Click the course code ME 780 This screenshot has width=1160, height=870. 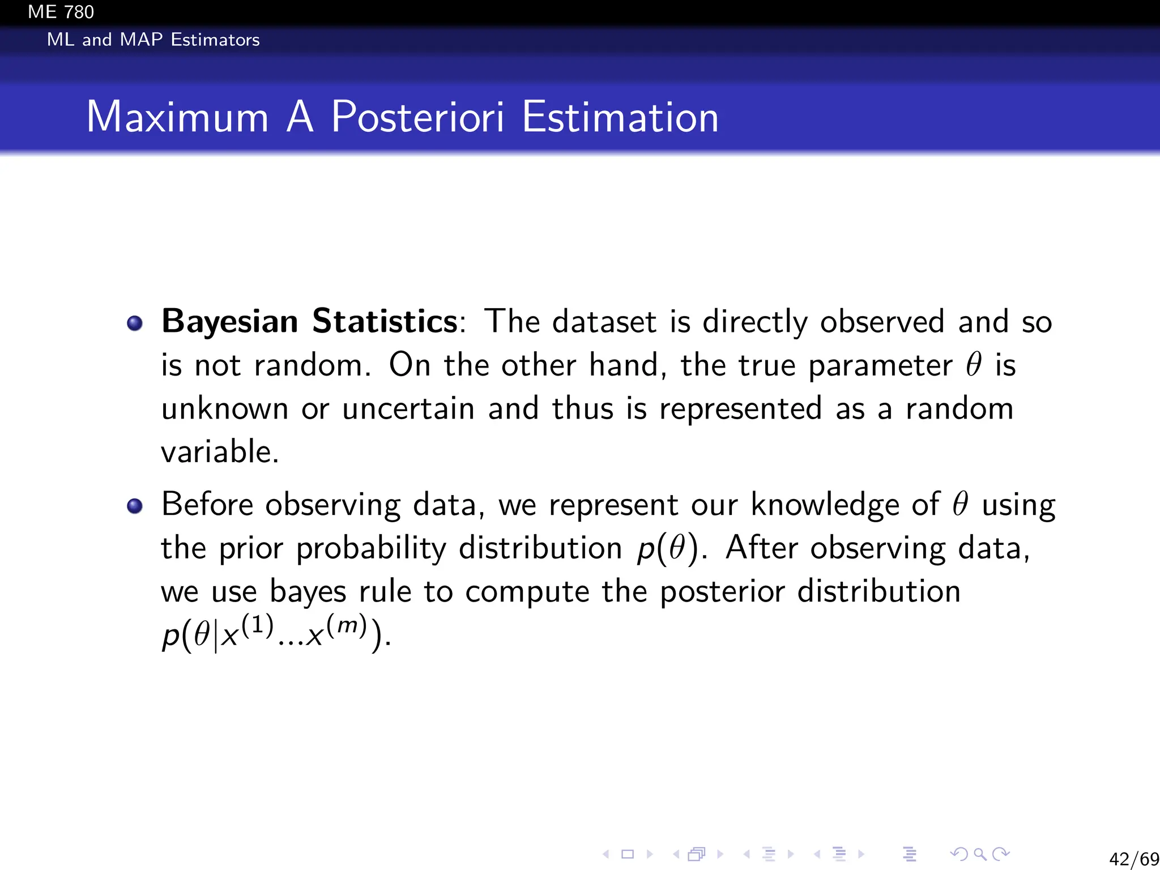point(61,12)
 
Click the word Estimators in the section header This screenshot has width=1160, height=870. point(215,40)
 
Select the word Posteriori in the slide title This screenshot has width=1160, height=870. point(417,117)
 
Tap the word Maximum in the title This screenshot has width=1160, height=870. point(177,117)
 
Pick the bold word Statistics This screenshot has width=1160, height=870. point(385,322)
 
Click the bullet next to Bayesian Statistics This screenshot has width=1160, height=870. point(135,323)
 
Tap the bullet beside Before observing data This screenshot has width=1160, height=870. point(135,505)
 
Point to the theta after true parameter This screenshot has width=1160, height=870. point(973,364)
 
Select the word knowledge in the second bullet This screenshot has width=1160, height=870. point(824,504)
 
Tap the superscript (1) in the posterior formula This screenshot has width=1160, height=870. point(258,625)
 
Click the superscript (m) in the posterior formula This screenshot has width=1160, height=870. point(347,625)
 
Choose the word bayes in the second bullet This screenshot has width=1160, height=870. point(308,592)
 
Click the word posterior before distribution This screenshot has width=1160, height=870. point(722,592)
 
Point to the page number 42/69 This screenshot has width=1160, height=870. point(1133,859)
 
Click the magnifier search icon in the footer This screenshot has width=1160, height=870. point(980,854)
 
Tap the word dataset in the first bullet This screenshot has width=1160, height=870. point(604,322)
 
